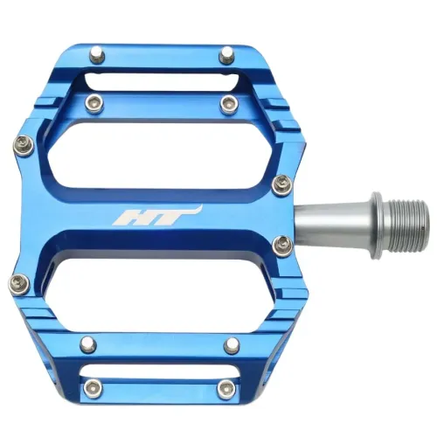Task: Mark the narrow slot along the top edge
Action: (162, 80)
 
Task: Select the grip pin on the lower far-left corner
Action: (17, 281)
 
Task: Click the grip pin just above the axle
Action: (281, 183)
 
